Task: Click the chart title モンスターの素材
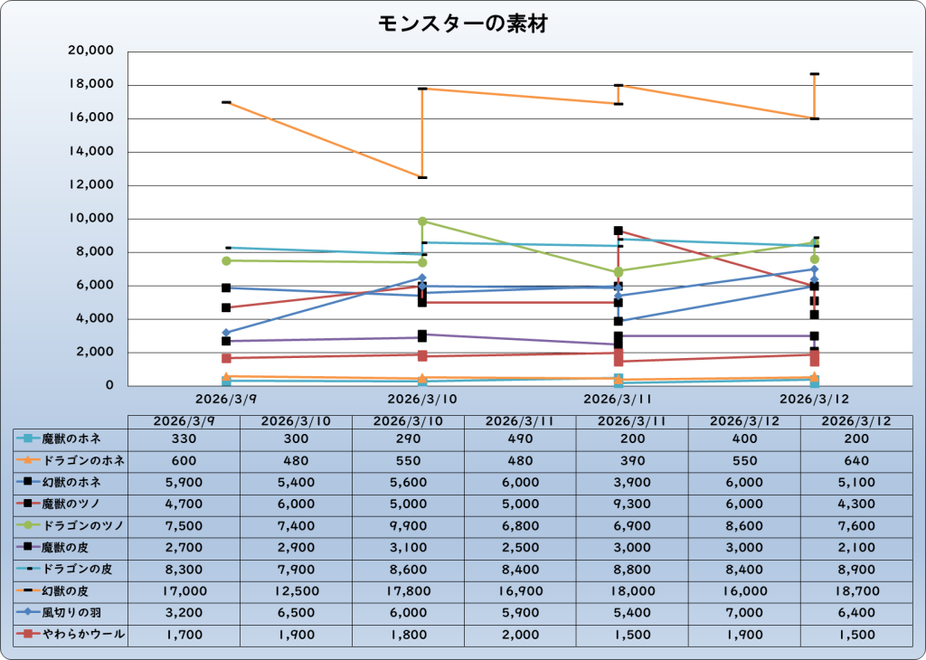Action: click(462, 24)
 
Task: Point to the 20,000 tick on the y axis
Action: click(90, 52)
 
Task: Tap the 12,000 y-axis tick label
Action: click(90, 185)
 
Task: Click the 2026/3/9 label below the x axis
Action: click(225, 398)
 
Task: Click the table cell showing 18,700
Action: click(855, 591)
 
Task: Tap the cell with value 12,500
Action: click(296, 591)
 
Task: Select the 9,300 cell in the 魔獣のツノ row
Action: click(632, 504)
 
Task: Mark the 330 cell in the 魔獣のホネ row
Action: click(184, 439)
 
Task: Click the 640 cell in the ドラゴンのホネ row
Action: click(855, 461)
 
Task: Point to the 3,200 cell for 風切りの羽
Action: click(184, 613)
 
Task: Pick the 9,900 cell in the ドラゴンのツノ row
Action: click(408, 526)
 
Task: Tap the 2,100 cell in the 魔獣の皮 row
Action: click(855, 548)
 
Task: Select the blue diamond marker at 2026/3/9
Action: click(225, 333)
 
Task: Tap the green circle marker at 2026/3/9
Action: click(225, 260)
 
